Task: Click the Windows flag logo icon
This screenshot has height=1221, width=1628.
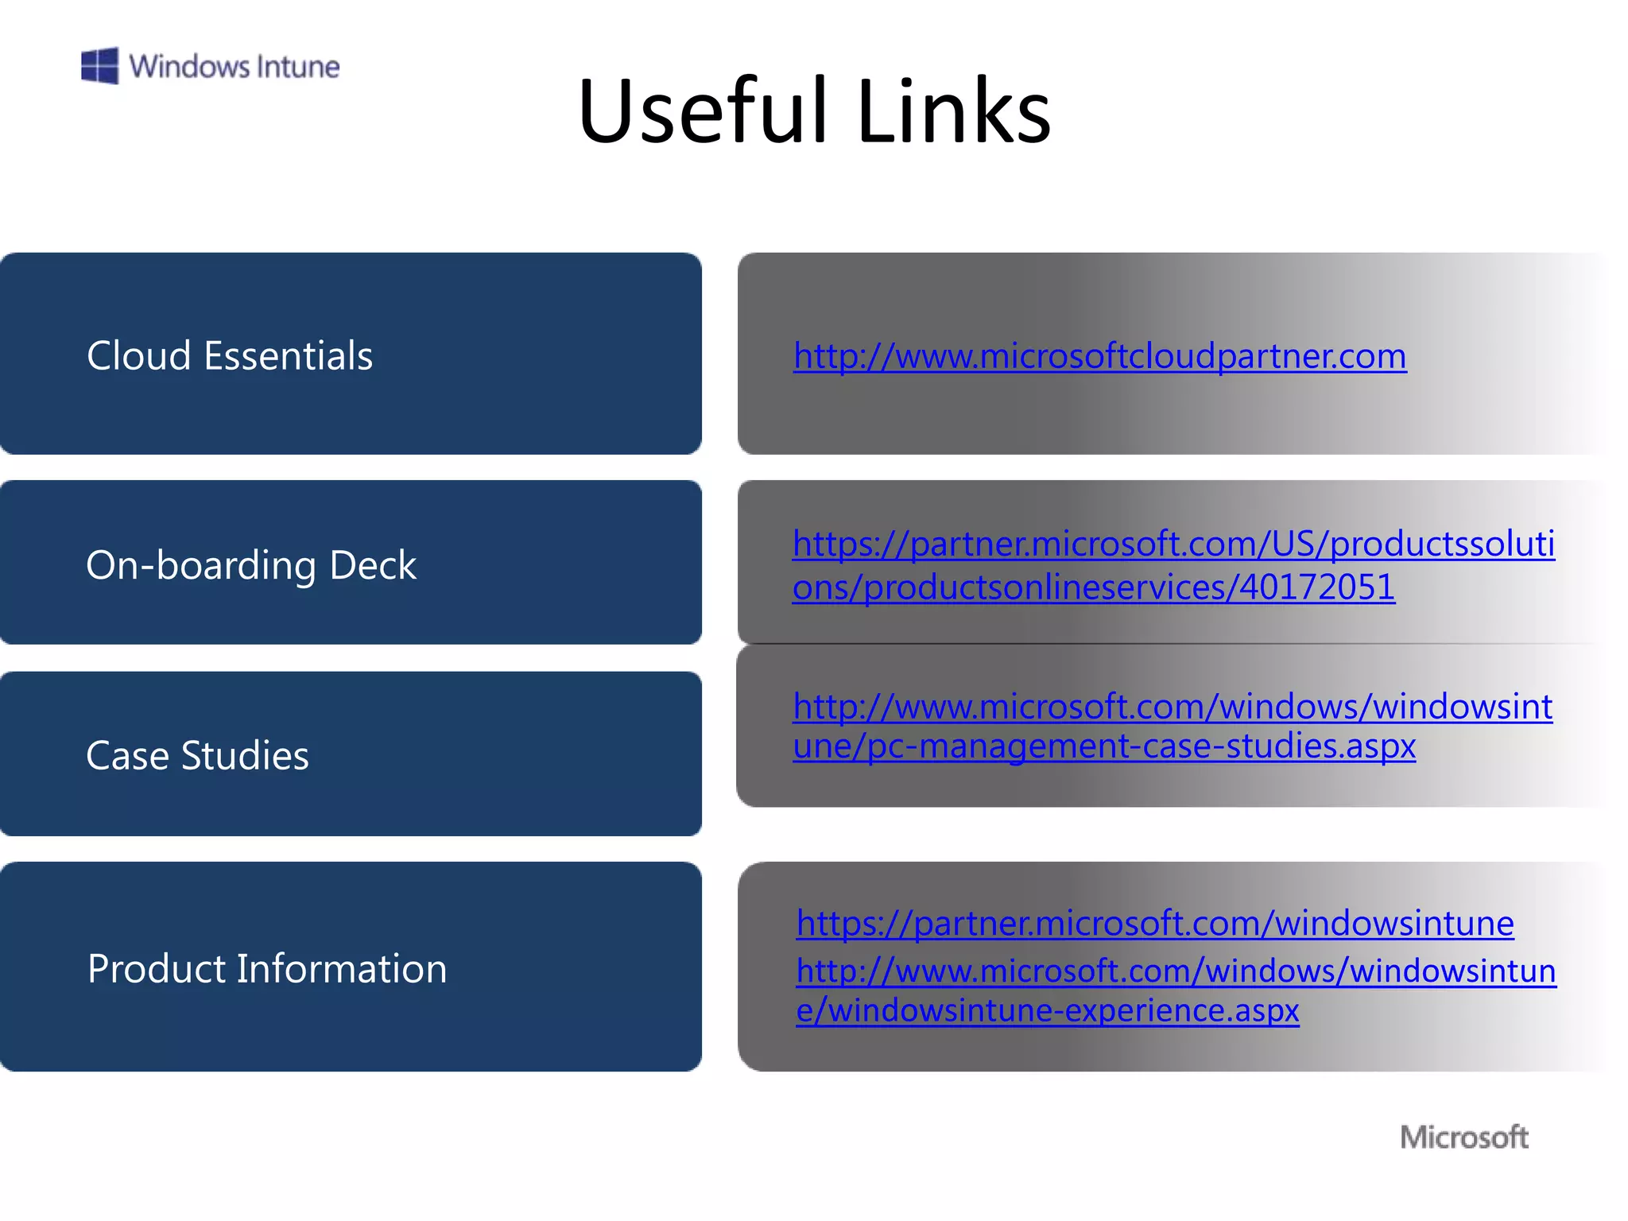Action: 100,65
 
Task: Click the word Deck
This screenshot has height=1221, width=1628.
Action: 373,565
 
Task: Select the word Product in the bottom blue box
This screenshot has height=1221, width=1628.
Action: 157,969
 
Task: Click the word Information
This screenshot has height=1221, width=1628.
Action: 342,969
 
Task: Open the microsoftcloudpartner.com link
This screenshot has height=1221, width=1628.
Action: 1099,356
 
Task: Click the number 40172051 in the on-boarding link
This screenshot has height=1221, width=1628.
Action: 1317,587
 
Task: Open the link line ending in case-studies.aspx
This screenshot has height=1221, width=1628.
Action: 1104,746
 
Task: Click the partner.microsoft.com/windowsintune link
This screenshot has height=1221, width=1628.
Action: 1155,923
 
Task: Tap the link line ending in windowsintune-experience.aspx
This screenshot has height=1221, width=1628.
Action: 1048,1010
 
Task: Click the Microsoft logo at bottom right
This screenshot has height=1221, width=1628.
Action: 1463,1137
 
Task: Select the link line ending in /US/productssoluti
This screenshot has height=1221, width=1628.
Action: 1173,544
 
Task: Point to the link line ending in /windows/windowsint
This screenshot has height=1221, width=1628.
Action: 1173,707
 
